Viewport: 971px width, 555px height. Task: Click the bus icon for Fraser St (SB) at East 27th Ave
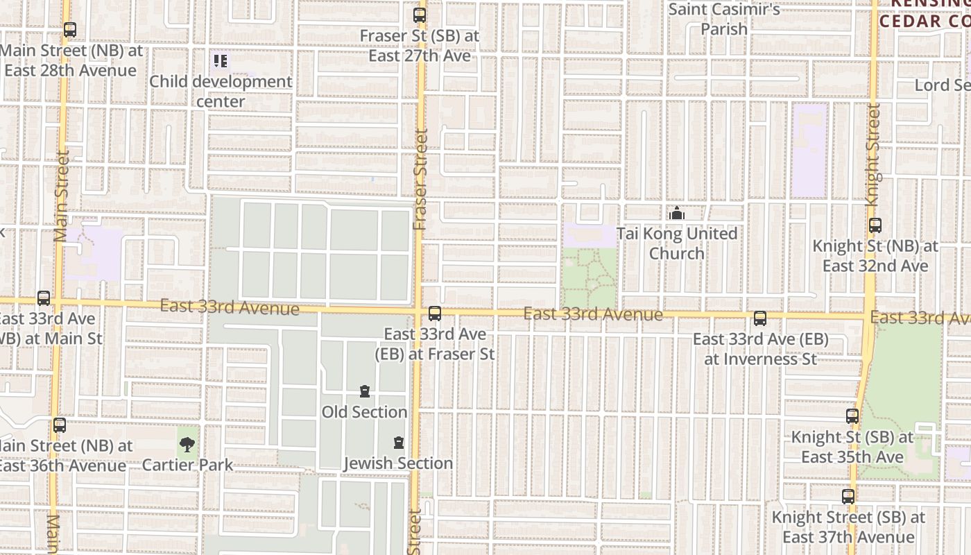(x=420, y=15)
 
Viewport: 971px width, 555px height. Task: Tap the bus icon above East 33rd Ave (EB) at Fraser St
(x=435, y=314)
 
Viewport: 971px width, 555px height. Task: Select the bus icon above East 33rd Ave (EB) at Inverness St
(x=760, y=318)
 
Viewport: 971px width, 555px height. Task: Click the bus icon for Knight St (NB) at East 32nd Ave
(x=875, y=225)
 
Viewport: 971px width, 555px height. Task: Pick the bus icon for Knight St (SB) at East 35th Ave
(x=852, y=416)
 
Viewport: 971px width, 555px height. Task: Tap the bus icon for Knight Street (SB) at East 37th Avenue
(x=848, y=497)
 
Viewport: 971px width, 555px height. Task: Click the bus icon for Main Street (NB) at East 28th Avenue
(x=70, y=30)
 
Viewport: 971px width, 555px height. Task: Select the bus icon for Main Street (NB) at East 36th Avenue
(x=60, y=425)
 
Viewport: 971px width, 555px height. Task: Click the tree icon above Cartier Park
(x=187, y=445)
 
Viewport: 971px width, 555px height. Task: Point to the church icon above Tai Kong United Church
(x=677, y=213)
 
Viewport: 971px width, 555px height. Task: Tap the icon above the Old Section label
(x=365, y=392)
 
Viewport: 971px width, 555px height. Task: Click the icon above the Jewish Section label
(x=399, y=443)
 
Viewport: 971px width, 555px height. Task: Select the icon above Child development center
(x=221, y=62)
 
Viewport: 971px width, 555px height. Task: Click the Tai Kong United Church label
(x=677, y=244)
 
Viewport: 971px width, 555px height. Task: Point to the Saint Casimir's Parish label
(x=724, y=19)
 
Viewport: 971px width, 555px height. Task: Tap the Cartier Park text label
(x=187, y=465)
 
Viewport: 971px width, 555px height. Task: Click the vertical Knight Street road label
(x=873, y=154)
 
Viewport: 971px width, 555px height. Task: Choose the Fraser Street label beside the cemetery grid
(x=420, y=180)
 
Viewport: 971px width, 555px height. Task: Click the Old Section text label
(x=364, y=412)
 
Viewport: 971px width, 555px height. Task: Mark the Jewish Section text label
(x=398, y=463)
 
